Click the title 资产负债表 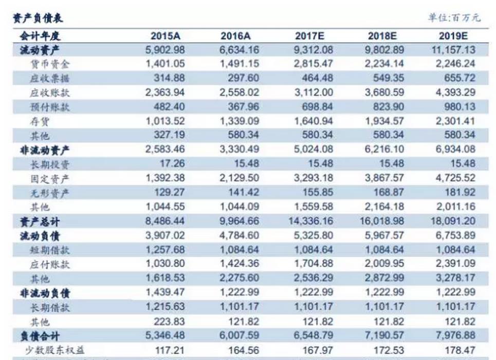coord(37,18)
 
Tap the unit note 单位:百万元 coord(454,18)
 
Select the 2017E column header coord(311,36)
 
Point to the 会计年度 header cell coord(40,36)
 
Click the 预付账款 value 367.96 coord(243,107)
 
